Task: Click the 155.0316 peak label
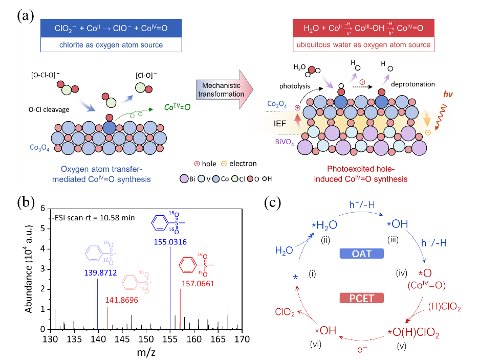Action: pyautogui.click(x=170, y=242)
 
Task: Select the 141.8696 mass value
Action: pyautogui.click(x=122, y=300)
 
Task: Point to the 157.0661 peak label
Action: pyautogui.click(x=198, y=284)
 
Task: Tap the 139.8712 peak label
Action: pyautogui.click(x=100, y=273)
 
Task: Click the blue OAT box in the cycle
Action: pyautogui.click(x=362, y=254)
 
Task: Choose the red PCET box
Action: pyautogui.click(x=362, y=298)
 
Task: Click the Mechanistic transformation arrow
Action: pyautogui.click(x=225, y=89)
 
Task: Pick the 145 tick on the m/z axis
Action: pyautogui.click(x=122, y=339)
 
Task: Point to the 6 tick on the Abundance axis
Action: pyautogui.click(x=43, y=209)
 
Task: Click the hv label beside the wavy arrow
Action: pyautogui.click(x=448, y=94)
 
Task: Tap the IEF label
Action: pyautogui.click(x=280, y=124)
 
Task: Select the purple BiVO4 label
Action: pyautogui.click(x=285, y=142)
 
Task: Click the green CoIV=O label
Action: pyautogui.click(x=177, y=107)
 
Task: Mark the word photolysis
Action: pyautogui.click(x=294, y=86)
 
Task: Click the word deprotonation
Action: pyautogui.click(x=412, y=84)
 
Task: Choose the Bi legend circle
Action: pyautogui.click(x=184, y=179)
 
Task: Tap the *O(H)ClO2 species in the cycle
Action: pyautogui.click(x=413, y=332)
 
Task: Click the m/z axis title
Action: pyautogui.click(x=146, y=353)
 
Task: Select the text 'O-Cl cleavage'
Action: pyautogui.click(x=49, y=109)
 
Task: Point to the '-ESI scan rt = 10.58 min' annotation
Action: pyautogui.click(x=93, y=218)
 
